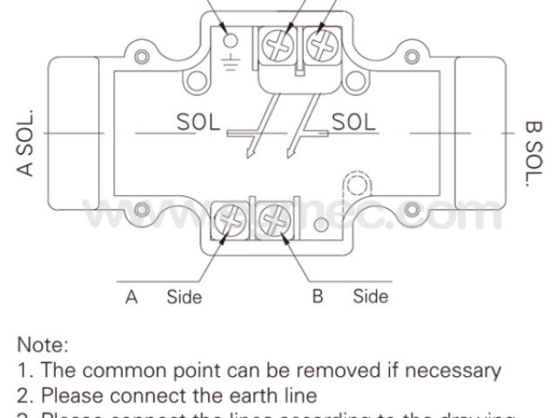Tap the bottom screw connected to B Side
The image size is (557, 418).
pyautogui.click(x=272, y=220)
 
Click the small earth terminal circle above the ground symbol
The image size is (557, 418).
pyautogui.click(x=230, y=38)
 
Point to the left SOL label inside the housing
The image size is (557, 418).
pyautogui.click(x=199, y=122)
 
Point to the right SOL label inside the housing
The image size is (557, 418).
pyautogui.click(x=352, y=122)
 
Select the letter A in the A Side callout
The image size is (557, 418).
pyautogui.click(x=131, y=297)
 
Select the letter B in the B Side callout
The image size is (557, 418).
pyautogui.click(x=318, y=297)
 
